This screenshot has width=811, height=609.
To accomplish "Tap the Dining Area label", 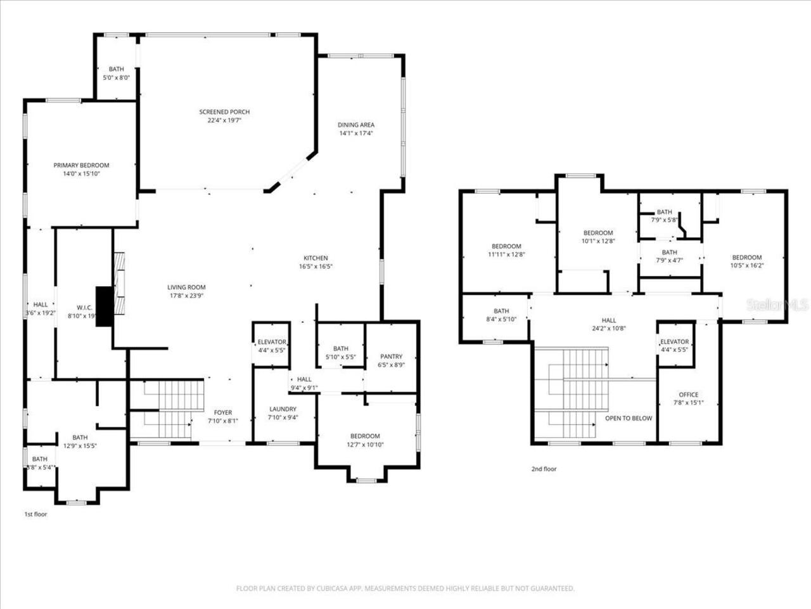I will (x=355, y=125).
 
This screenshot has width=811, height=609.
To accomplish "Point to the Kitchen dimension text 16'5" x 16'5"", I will (x=316, y=267).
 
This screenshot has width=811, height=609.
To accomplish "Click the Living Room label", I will (x=186, y=287).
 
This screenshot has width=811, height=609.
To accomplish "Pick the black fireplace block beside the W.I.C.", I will (x=104, y=306).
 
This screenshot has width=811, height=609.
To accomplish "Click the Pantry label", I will (x=391, y=357).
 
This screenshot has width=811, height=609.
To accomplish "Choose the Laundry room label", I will (x=283, y=409).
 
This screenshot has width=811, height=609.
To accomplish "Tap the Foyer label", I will (x=222, y=413).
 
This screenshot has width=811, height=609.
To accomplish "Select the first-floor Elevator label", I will (x=272, y=343).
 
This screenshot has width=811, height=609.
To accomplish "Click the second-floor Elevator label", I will (x=674, y=342).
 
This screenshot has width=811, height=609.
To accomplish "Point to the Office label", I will (x=688, y=395).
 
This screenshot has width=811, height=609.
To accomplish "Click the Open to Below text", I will (x=628, y=419).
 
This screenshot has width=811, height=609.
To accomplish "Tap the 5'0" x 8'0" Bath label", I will (x=116, y=69).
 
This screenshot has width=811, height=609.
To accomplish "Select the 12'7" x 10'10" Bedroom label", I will (x=365, y=436).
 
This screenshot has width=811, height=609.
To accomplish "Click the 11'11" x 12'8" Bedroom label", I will (x=506, y=247).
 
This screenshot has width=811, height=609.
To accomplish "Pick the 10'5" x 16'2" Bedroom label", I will (x=746, y=258).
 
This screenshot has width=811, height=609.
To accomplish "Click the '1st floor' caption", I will (x=35, y=514).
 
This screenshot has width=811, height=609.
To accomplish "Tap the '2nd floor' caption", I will (x=544, y=469).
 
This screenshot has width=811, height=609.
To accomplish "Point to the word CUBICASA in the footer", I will (x=333, y=589).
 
